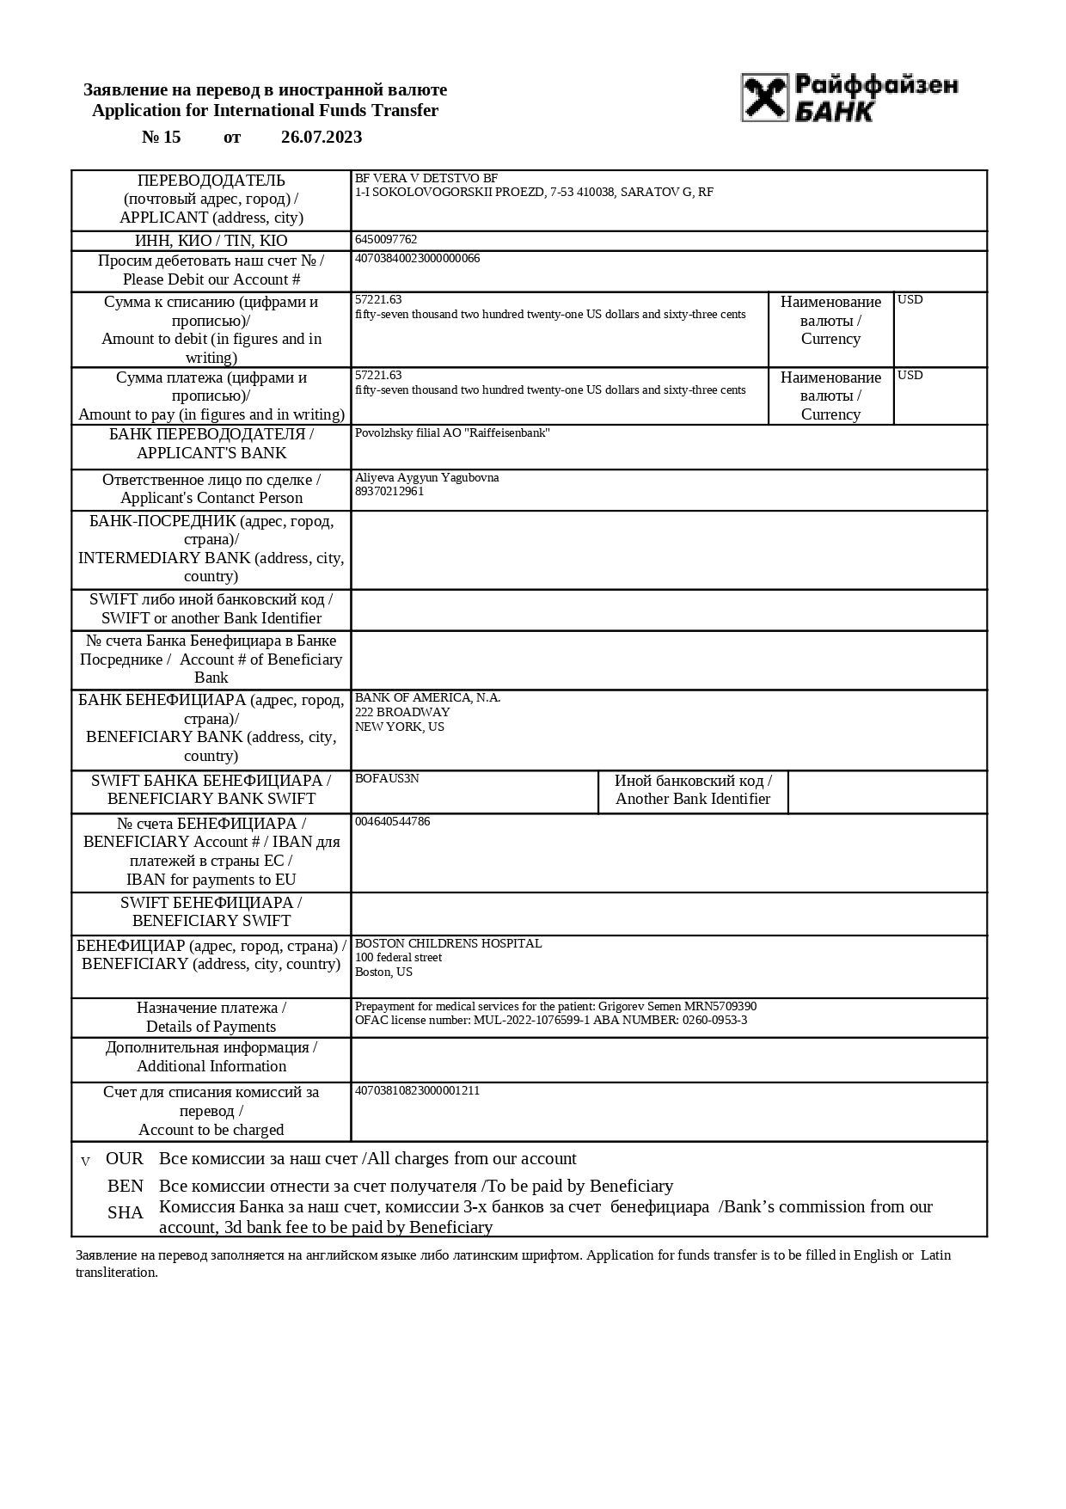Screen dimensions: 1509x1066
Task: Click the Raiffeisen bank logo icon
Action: (765, 97)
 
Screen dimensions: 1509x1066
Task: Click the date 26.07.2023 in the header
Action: (322, 138)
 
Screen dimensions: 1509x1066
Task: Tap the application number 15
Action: (171, 138)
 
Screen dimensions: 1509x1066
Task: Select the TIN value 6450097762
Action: (386, 240)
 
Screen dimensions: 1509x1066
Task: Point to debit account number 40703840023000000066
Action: (417, 259)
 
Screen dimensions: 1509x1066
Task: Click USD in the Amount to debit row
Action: (910, 300)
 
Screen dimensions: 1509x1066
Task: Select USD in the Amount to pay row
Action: (910, 376)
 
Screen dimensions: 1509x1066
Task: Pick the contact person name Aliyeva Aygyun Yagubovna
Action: (426, 478)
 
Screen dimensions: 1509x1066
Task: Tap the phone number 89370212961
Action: (389, 492)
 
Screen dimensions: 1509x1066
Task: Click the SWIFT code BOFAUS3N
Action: (387, 779)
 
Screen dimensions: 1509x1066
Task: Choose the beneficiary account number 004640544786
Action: (392, 822)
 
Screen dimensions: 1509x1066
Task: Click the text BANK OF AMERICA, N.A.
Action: (427, 698)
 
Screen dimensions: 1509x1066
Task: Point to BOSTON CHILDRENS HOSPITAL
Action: (448, 944)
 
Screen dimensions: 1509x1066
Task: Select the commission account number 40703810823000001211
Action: (417, 1091)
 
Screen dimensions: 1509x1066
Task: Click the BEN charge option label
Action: (126, 1187)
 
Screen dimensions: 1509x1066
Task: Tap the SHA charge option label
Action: (126, 1213)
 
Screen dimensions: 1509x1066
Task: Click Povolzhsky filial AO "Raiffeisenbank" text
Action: (452, 433)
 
